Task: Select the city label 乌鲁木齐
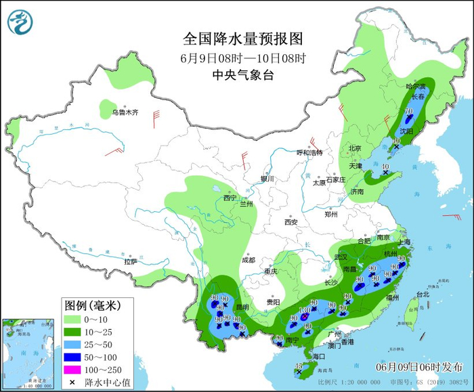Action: click(125, 112)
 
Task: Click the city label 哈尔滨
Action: click(416, 87)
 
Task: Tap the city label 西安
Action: click(291, 221)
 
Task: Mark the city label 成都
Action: click(248, 260)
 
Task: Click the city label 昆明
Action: click(241, 307)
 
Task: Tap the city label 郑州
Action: click(330, 215)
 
